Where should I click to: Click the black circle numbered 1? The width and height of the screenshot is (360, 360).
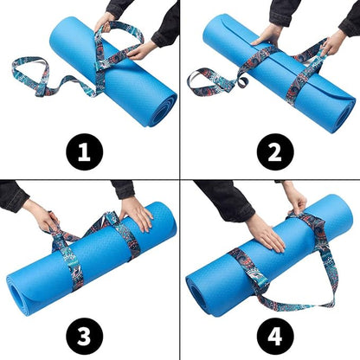tap(84, 153)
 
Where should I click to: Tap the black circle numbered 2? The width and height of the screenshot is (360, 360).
tap(276, 153)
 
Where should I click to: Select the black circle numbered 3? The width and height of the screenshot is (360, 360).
tap(84, 332)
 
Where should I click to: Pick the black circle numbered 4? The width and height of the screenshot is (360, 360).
tap(276, 332)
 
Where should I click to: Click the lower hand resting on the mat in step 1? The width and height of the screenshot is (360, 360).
tap(138, 50)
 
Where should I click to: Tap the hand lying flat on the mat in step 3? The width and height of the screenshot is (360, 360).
tap(137, 212)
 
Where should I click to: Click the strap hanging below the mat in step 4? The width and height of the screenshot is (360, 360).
tap(294, 290)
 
